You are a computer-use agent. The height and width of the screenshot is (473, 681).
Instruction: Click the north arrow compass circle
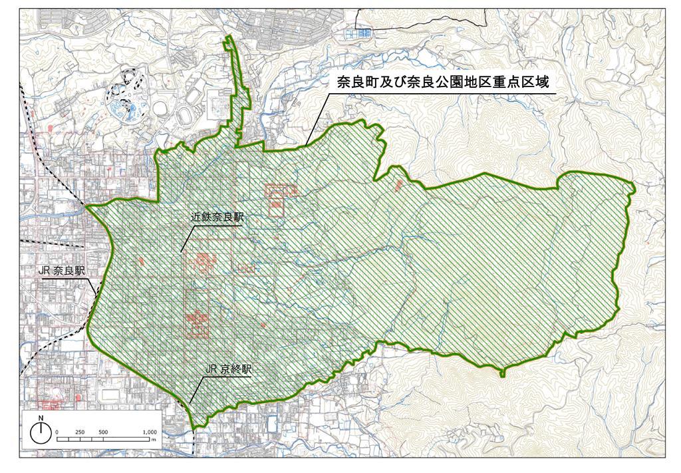click(41, 434)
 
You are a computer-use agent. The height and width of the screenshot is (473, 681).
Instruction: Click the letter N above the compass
click(41, 418)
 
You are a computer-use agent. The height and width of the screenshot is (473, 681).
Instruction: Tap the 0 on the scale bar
click(57, 432)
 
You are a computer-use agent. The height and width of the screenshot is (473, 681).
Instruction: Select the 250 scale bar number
click(80, 432)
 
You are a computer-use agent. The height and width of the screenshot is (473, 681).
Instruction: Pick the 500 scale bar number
click(103, 432)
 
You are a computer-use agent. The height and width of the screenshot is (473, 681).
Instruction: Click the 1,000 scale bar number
click(150, 432)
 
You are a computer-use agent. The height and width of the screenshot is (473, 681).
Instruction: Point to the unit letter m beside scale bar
click(153, 440)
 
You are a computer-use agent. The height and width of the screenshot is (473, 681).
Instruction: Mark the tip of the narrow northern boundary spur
click(229, 37)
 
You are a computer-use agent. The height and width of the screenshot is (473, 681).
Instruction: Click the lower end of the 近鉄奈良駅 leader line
click(181, 251)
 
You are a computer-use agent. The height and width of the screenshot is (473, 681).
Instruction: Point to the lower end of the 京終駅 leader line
click(190, 403)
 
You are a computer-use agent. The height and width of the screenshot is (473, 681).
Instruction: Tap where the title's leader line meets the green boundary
click(307, 144)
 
